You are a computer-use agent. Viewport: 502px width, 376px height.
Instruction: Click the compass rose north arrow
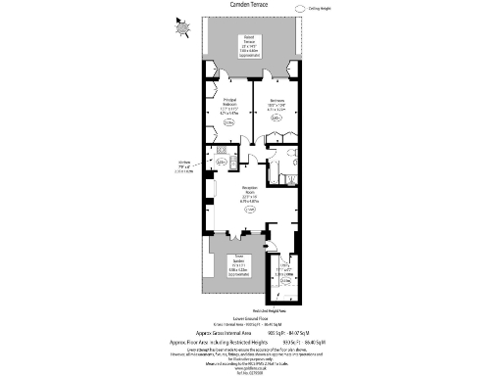click(179, 27)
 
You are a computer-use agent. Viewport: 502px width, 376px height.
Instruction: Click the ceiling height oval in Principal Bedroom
click(228, 123)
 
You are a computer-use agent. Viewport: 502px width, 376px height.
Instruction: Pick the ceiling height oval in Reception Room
click(250, 210)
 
